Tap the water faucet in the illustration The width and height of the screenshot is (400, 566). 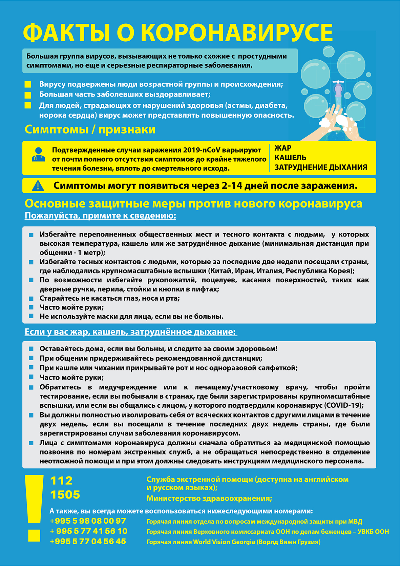(338, 89)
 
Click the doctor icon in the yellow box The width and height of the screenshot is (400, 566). (38, 155)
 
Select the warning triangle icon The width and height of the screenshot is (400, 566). (38, 186)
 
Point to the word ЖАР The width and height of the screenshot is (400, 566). (283, 148)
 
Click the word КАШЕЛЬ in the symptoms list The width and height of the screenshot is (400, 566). (290, 158)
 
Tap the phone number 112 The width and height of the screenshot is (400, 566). (61, 481)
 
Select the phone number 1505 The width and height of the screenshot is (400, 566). (65, 495)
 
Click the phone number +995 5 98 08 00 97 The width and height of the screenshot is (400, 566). (88, 521)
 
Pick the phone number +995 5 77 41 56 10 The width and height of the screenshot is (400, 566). (89, 531)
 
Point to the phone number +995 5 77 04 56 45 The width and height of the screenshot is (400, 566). (88, 542)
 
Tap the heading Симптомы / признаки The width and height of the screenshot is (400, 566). (90, 129)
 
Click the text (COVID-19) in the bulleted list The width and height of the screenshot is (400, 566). (344, 405)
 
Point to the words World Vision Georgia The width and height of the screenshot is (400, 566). (224, 542)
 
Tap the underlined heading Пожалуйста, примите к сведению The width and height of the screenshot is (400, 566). (100, 216)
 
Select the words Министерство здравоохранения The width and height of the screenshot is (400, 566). (209, 499)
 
